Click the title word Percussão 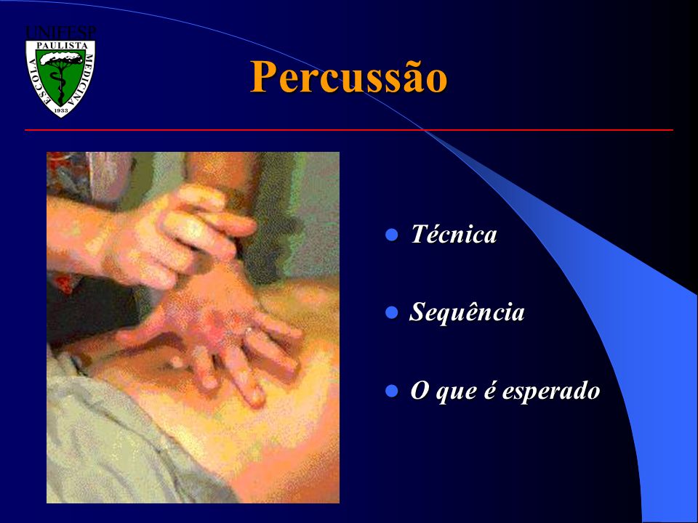[348, 76]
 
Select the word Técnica [454, 234]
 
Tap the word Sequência [467, 312]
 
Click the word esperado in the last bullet [551, 391]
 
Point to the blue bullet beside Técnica [392, 235]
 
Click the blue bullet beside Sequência [392, 312]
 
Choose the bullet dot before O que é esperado [392, 391]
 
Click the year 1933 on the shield [61, 110]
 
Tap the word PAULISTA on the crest [61, 45]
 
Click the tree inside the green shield [60, 73]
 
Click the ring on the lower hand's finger [249, 330]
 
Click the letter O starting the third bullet [420, 391]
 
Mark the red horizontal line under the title [348, 130]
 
